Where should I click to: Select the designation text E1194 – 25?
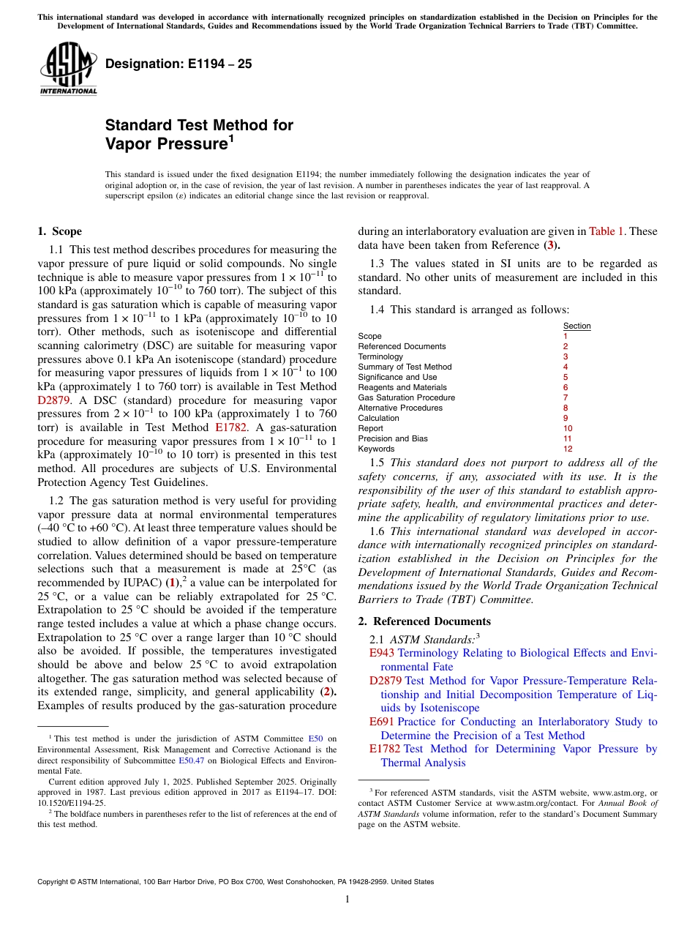point(179,64)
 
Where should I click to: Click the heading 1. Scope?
point(59,231)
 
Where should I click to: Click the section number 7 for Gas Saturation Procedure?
point(566,397)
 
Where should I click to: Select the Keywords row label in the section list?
point(376,449)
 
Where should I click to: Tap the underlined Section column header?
point(576,326)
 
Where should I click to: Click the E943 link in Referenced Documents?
point(382,653)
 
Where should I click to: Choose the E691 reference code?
point(382,722)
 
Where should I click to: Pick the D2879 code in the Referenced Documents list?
point(386,681)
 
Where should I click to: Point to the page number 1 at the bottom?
point(347,899)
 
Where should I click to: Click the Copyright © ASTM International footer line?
point(235,882)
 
